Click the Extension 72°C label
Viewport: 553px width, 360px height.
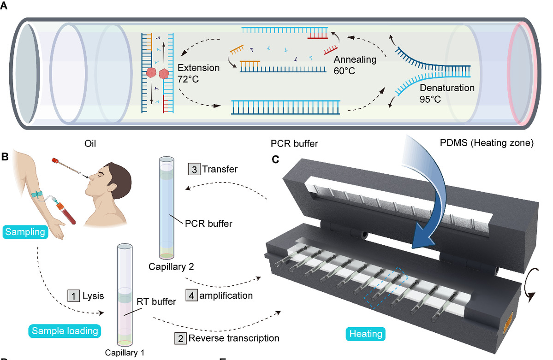point(198,73)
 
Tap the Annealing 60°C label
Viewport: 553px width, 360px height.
point(355,65)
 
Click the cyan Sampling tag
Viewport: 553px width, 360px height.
point(26,232)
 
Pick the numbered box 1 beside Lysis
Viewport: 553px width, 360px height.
point(73,295)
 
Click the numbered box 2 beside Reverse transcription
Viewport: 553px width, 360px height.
point(180,338)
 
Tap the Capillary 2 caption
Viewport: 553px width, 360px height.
point(166,266)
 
